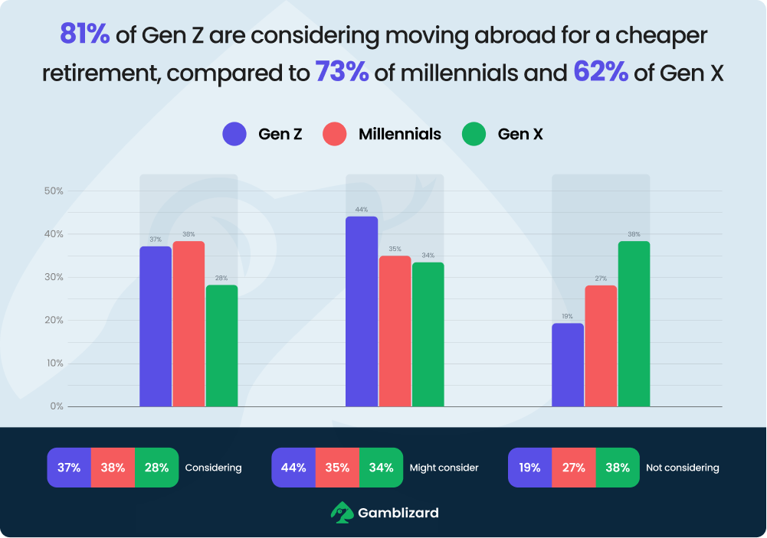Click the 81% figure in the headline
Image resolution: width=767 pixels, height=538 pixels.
[x=84, y=35]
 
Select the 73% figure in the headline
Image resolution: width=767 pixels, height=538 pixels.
[x=342, y=73]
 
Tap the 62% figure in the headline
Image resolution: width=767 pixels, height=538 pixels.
[x=600, y=73]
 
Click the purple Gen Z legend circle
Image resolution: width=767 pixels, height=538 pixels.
[x=234, y=135]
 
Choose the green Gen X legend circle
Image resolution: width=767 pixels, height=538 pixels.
[x=474, y=135]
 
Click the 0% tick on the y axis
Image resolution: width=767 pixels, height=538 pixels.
[x=56, y=406]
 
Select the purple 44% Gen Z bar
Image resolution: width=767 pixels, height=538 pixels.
[x=362, y=311]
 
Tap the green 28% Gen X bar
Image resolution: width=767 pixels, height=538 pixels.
[x=221, y=346]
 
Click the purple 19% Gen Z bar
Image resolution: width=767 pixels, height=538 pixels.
[x=568, y=365]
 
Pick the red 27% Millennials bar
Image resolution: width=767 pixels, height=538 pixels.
[x=601, y=346]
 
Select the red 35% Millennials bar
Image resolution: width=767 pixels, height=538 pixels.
[x=395, y=331]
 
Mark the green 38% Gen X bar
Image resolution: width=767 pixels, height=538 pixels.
[x=634, y=324]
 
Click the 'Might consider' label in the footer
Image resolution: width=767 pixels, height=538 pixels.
[x=444, y=468]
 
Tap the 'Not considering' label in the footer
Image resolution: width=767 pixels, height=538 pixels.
[x=682, y=468]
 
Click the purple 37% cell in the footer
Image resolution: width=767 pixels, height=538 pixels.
[x=69, y=468]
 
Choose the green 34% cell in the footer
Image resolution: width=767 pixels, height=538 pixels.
[x=381, y=468]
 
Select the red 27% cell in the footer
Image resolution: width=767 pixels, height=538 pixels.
[x=573, y=468]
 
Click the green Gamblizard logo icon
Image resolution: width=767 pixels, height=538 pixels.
[x=341, y=512]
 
